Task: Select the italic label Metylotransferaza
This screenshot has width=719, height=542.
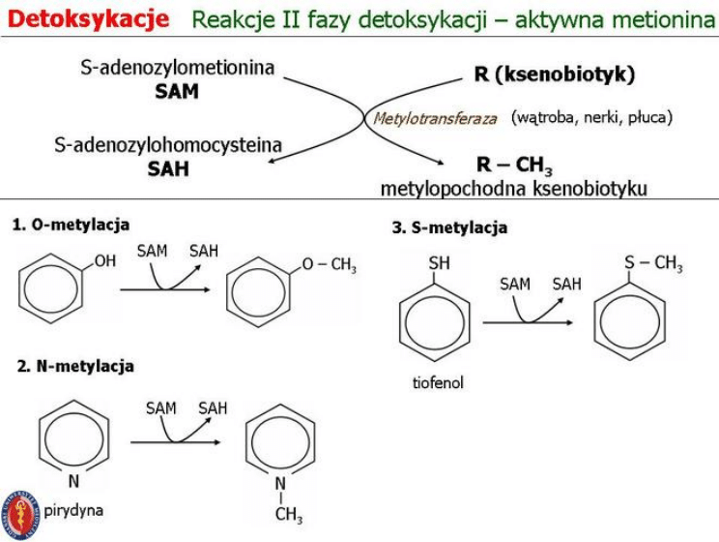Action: [435, 119]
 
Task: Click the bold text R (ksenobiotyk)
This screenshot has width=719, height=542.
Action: [555, 75]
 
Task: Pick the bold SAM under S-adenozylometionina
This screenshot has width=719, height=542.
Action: [177, 92]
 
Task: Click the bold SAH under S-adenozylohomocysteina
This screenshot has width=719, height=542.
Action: [168, 168]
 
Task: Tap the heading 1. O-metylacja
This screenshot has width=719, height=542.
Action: [72, 225]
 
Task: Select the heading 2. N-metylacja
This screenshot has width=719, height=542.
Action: [75, 366]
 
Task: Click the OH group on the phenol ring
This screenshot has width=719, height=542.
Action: [105, 261]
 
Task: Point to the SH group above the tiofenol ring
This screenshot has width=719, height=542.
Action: [438, 263]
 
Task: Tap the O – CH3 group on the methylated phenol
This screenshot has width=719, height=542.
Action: [329, 265]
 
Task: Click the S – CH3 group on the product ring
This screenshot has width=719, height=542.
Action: [652, 263]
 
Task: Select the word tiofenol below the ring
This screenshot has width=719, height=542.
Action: [438, 382]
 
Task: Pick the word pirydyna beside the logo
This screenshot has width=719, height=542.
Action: [73, 509]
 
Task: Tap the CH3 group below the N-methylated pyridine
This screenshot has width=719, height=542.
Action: [288, 514]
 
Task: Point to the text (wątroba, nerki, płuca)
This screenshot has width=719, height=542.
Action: [591, 118]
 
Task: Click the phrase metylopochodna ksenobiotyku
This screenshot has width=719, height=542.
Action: [513, 188]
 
